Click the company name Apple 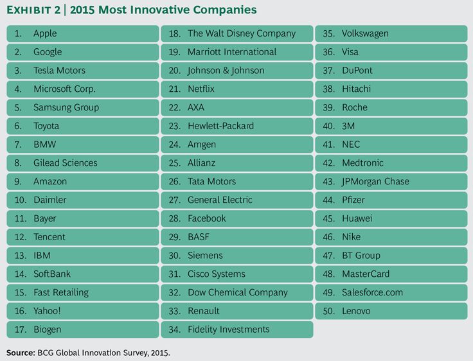(45, 33)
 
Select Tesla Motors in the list (59, 71)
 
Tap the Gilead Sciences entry (65, 163)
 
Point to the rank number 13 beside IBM (20, 256)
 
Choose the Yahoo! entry (48, 311)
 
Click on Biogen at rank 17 (48, 330)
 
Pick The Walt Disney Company (241, 33)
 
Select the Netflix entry (201, 89)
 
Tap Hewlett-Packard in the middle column (220, 126)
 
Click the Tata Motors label (211, 182)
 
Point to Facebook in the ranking (206, 218)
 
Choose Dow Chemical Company (237, 292)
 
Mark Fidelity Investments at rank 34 (228, 330)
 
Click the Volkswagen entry (365, 33)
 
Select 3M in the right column (348, 126)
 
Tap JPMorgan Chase (375, 182)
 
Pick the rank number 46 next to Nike (328, 237)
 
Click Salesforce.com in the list (372, 292)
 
